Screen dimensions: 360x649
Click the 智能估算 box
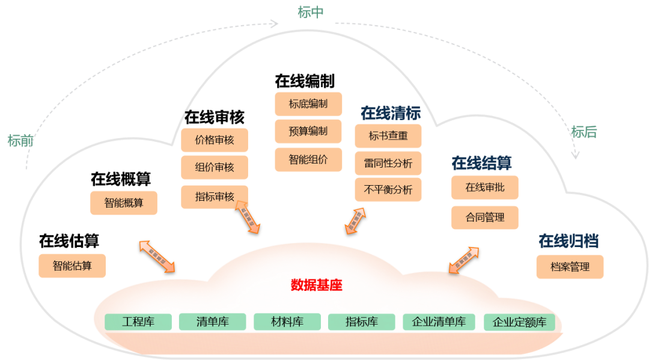coord(72,266)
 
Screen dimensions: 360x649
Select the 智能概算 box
coord(124,203)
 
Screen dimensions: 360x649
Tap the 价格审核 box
coord(215,141)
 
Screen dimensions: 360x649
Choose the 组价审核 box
coord(215,167)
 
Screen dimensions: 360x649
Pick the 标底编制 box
coord(308,104)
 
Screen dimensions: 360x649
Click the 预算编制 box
coord(308,132)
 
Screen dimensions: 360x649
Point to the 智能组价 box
coord(308,159)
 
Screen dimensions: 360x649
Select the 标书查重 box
coord(388,136)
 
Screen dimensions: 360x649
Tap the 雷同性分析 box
coord(388,163)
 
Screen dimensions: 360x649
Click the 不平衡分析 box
coord(388,190)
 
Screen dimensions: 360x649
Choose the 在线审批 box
coord(485,188)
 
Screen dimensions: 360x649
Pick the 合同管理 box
coord(485,217)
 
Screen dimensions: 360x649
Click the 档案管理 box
coord(570,267)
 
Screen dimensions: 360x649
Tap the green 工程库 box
coord(138,322)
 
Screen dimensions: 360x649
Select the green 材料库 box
coord(287,322)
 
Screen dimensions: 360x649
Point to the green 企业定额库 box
coord(519,322)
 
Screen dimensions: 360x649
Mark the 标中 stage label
coord(311,13)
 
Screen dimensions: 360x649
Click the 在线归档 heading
coord(568,242)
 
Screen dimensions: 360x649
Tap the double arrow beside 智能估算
coord(157,256)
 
